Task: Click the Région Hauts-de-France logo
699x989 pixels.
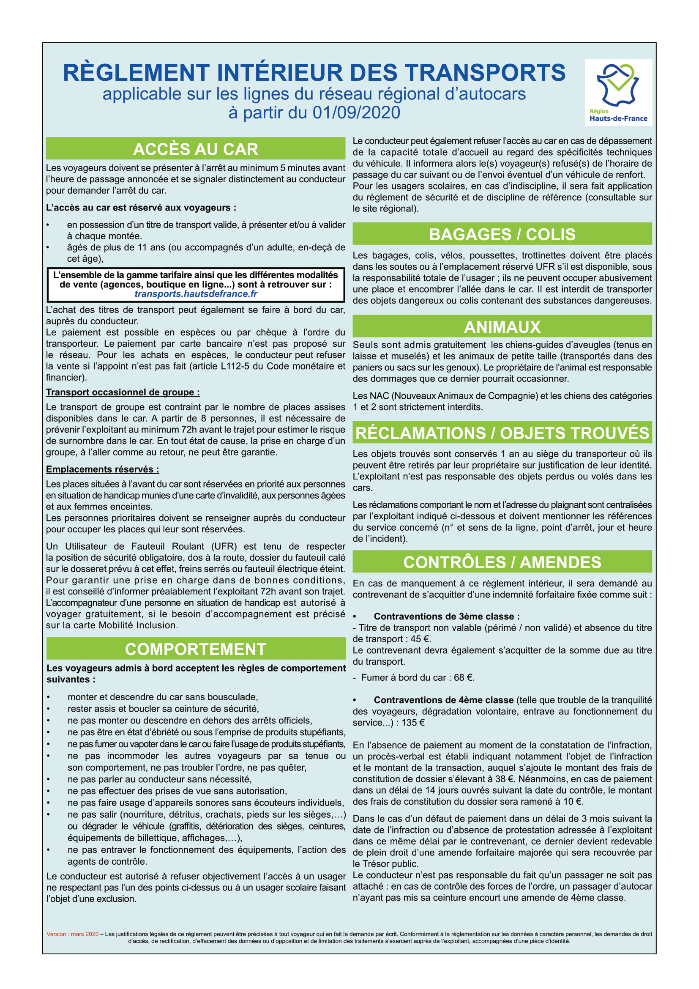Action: click(x=618, y=92)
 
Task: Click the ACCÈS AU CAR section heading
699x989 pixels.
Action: click(x=195, y=149)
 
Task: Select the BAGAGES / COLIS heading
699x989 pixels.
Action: click(x=502, y=234)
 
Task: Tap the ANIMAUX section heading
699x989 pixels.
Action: click(x=502, y=327)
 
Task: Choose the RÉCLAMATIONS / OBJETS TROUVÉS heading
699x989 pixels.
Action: click(x=502, y=433)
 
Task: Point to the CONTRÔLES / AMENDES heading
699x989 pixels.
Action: click(x=502, y=562)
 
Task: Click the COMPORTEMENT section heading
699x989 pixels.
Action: click(x=195, y=649)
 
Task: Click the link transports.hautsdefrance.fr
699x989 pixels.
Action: click(x=196, y=294)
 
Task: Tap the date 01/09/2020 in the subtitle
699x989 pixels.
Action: click(x=356, y=112)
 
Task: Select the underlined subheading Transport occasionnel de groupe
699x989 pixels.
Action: click(x=123, y=392)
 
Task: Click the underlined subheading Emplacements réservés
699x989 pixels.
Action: click(x=102, y=469)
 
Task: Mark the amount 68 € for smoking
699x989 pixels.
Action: click(x=464, y=677)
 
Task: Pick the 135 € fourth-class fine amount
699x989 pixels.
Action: click(x=413, y=722)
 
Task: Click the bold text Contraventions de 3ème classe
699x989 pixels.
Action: click(x=446, y=616)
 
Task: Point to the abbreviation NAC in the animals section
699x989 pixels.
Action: click(x=379, y=396)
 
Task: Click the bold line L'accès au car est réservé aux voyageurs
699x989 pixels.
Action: click(x=141, y=208)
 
